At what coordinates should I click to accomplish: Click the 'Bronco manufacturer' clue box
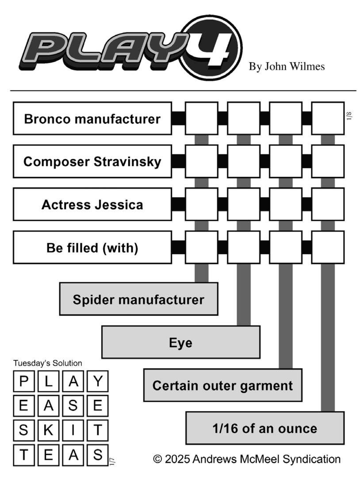[x=92, y=119]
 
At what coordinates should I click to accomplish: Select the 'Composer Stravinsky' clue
[x=92, y=161]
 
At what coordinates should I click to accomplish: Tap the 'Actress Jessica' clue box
[x=92, y=204]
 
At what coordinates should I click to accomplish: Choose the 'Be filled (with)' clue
[x=92, y=248]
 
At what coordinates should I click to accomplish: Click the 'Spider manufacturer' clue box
[x=138, y=299]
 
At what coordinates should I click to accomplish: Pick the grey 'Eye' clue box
[x=181, y=342]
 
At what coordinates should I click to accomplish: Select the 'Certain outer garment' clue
[x=223, y=385]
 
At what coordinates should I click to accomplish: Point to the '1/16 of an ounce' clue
[x=265, y=428]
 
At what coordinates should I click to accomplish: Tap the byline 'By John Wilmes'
[x=287, y=66]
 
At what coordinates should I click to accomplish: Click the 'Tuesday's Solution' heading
[x=47, y=363]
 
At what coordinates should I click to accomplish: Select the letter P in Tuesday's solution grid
[x=23, y=381]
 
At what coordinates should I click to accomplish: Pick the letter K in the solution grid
[x=48, y=430]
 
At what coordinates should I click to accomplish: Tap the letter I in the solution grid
[x=73, y=430]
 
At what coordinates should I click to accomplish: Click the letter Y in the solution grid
[x=98, y=381]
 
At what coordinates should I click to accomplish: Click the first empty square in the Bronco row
[x=202, y=119]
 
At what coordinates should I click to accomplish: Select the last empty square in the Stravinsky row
[x=328, y=161]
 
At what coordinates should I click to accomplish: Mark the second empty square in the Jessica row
[x=244, y=204]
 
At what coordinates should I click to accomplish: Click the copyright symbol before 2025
[x=158, y=459]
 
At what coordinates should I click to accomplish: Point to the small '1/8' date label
[x=349, y=116]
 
